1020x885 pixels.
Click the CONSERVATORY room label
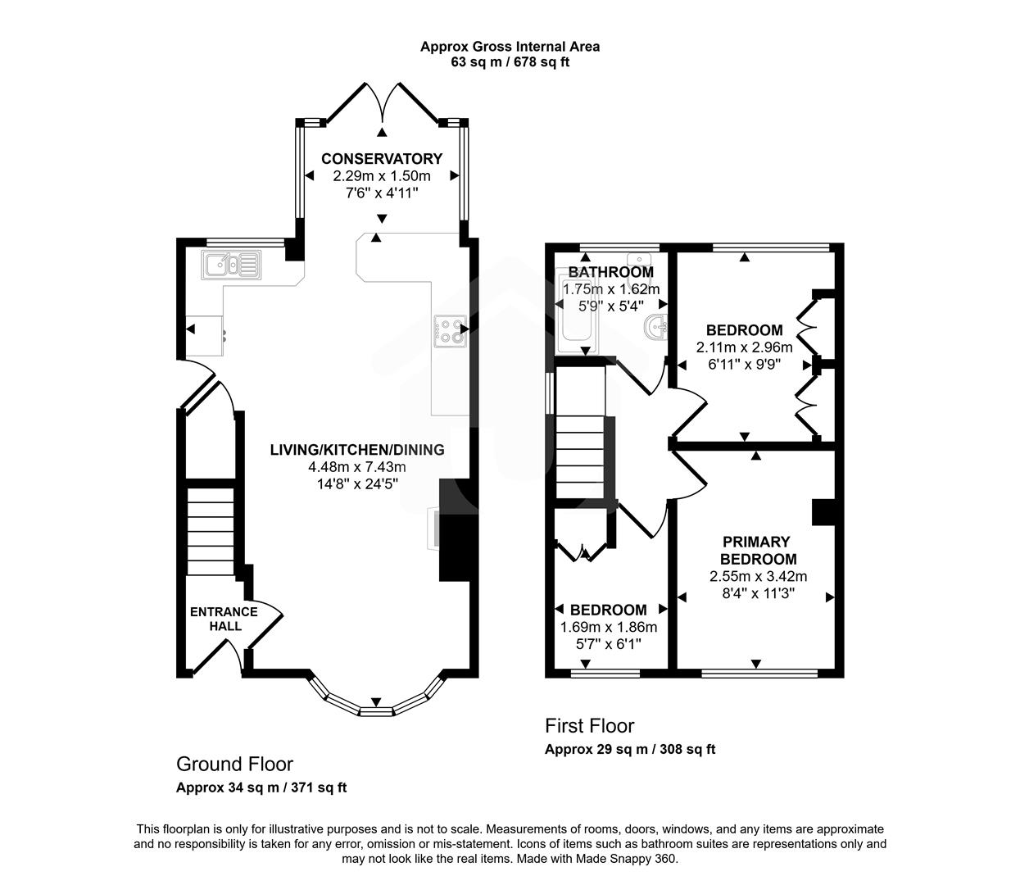pyautogui.click(x=381, y=159)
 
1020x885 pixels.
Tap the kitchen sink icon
pyautogui.click(x=232, y=265)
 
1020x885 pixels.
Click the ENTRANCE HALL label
pyautogui.click(x=224, y=619)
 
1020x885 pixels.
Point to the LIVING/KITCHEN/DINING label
pyautogui.click(x=357, y=450)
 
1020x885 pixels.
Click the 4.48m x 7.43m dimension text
pyautogui.click(x=357, y=467)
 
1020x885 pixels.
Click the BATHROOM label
pyautogui.click(x=611, y=272)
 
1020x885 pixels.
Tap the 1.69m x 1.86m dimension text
pyautogui.click(x=608, y=628)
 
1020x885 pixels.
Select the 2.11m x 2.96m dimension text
pyautogui.click(x=744, y=347)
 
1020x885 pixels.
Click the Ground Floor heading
pyautogui.click(x=234, y=765)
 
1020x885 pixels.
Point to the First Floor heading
pyautogui.click(x=589, y=726)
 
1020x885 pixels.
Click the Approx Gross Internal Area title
pyautogui.click(x=510, y=47)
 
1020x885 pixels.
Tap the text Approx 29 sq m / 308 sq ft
pyautogui.click(x=630, y=749)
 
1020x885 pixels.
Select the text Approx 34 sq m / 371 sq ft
pyautogui.click(x=261, y=787)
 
